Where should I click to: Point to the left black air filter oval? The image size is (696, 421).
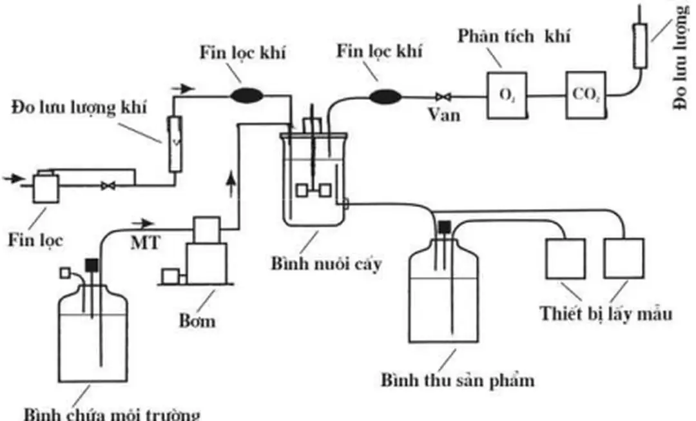[x=247, y=96]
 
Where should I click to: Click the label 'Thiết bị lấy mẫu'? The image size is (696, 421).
[x=606, y=314]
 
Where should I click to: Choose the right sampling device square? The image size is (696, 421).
[x=624, y=259]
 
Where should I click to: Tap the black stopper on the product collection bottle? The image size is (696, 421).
[x=443, y=227]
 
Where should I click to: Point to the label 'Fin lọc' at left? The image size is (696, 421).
[x=35, y=240]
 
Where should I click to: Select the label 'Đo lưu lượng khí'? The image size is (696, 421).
[x=79, y=108]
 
